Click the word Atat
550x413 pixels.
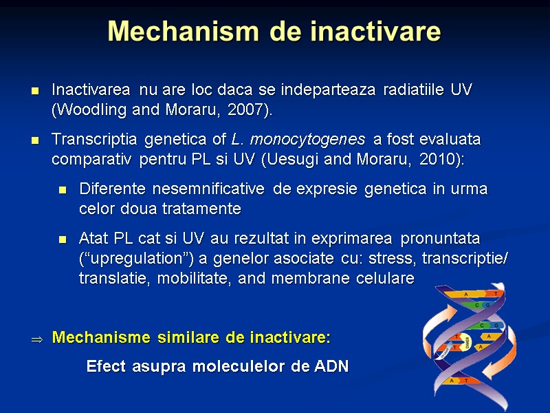(x=93, y=238)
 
